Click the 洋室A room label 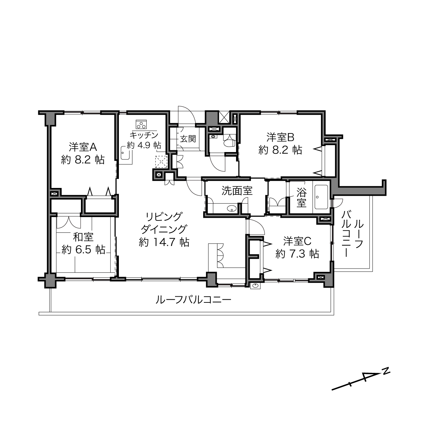click(83, 147)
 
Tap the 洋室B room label click(280, 137)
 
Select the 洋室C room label click(297, 241)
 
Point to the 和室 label click(83, 237)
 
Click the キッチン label click(144, 134)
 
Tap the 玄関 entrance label click(188, 139)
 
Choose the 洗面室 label click(237, 191)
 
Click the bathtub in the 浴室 click(321, 197)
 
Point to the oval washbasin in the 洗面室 click(231, 209)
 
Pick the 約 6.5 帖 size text click(83, 250)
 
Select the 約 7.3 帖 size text click(297, 254)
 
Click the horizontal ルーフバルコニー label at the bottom click(193, 300)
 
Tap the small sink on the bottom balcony click(255, 286)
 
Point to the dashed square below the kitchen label click(161, 162)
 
